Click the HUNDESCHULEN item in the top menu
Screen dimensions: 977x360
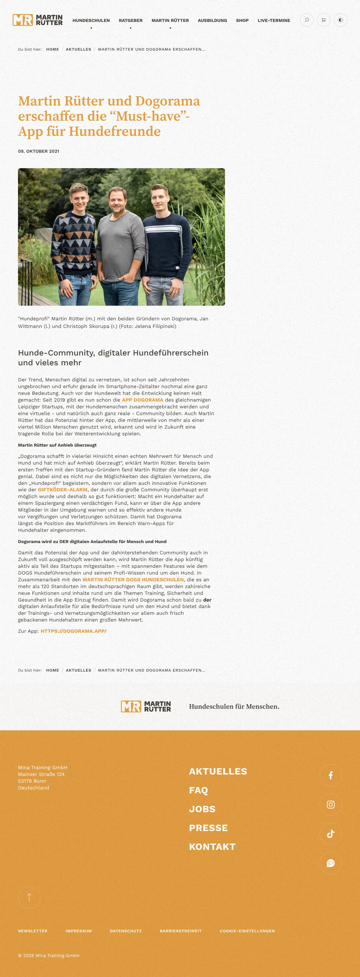91,21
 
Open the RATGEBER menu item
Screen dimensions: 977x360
130,21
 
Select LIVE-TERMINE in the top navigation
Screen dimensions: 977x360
273,21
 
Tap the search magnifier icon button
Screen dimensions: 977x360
307,20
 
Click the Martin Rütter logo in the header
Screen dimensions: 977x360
38,20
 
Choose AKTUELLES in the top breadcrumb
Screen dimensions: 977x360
78,49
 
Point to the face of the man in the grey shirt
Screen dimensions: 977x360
118,199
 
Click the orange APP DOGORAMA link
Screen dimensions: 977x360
142,400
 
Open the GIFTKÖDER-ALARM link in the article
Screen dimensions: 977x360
63,490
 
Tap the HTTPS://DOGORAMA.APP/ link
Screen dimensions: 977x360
74,631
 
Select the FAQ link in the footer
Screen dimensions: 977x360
198,790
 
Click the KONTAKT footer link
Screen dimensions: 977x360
212,847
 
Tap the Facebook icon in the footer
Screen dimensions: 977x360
330,775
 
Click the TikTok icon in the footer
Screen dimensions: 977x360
330,834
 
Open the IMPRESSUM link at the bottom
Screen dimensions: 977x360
78,931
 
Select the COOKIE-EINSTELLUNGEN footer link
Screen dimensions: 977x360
247,931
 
